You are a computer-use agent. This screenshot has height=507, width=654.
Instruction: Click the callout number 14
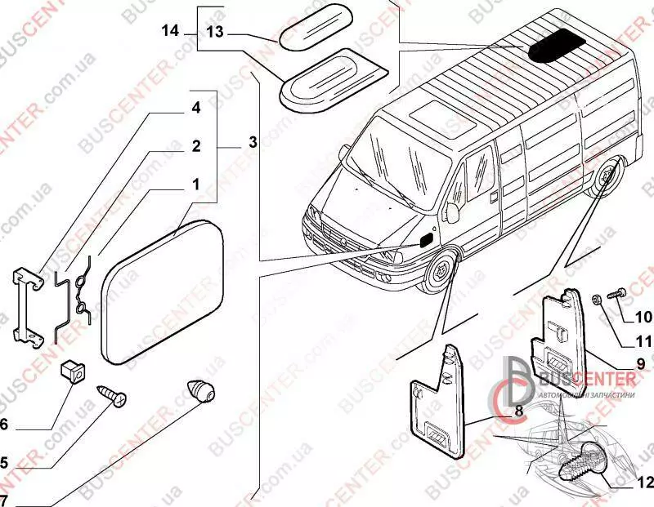(169, 31)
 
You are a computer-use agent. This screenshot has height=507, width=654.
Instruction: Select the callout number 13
(214, 32)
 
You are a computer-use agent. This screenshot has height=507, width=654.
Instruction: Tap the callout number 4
(196, 108)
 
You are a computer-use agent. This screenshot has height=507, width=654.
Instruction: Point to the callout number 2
(196, 147)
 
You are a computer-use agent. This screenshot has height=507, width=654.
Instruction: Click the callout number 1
(196, 185)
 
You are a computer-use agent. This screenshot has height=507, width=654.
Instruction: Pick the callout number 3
(253, 142)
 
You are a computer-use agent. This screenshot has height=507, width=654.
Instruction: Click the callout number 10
(640, 316)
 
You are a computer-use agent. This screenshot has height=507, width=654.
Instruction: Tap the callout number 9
(640, 363)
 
